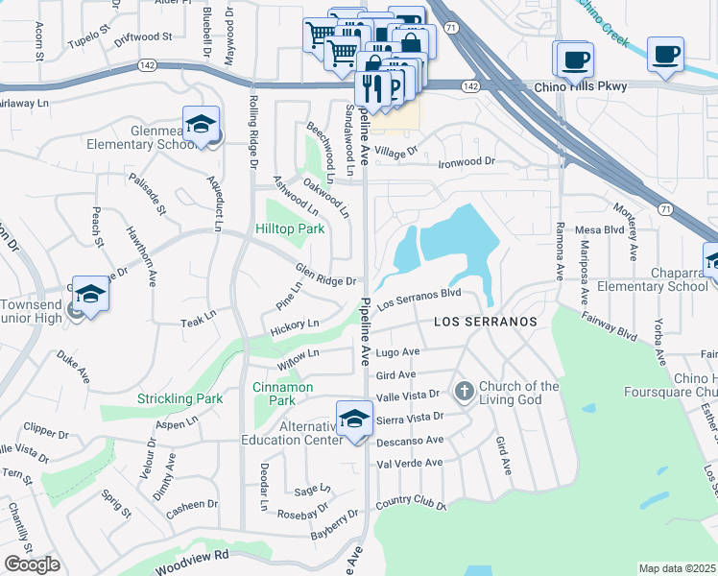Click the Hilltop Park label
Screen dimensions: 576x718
click(x=290, y=228)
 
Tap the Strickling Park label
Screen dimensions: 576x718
click(x=179, y=398)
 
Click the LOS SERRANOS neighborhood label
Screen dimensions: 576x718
click(x=486, y=322)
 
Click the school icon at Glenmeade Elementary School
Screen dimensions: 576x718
click(x=201, y=125)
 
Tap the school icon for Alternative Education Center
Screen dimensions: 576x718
click(x=353, y=419)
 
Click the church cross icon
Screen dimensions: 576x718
click(x=465, y=391)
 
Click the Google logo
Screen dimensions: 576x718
click(x=31, y=564)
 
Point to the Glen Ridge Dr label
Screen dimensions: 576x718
click(x=325, y=275)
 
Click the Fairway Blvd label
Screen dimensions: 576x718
click(x=613, y=331)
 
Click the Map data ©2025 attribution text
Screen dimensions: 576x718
click(x=678, y=568)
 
